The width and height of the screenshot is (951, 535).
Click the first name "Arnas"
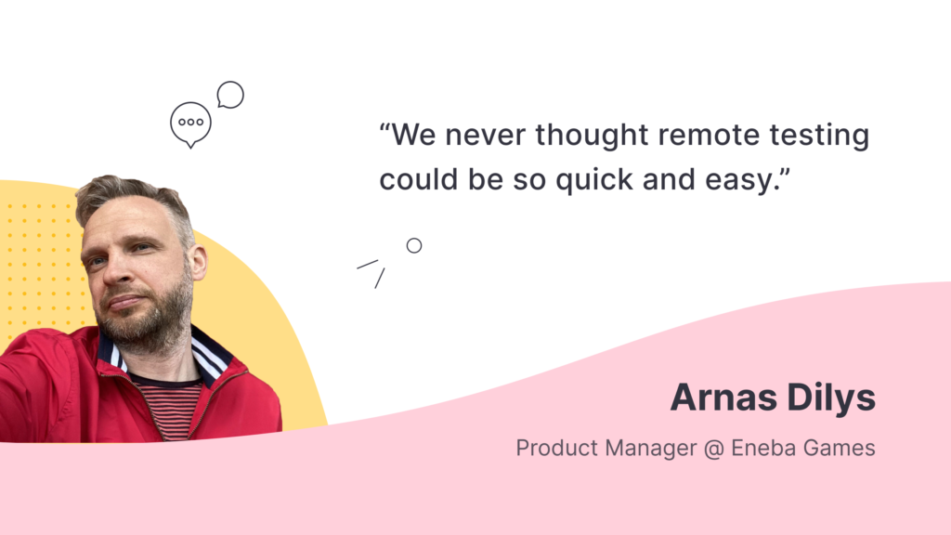(723, 398)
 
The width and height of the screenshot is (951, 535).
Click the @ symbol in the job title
(714, 449)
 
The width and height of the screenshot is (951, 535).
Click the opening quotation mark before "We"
(385, 126)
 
